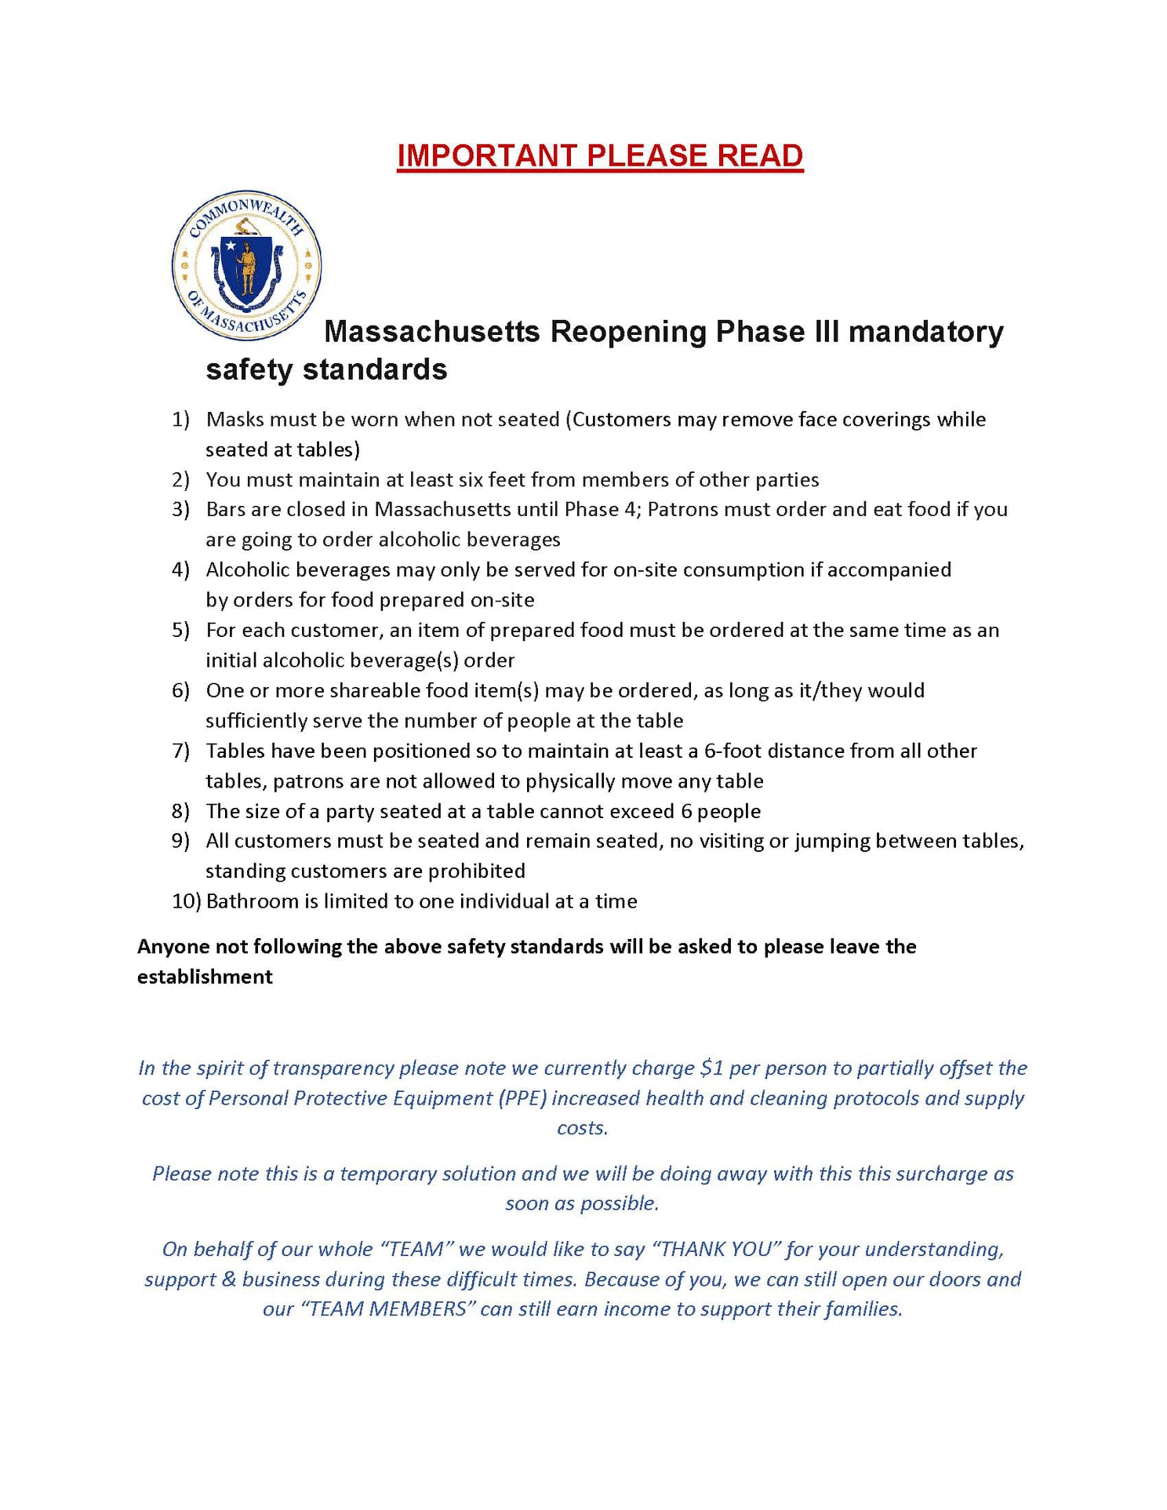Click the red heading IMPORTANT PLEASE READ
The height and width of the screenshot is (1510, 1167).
tap(600, 155)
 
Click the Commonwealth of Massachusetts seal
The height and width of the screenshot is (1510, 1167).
tap(246, 265)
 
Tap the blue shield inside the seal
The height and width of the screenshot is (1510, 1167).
tap(246, 267)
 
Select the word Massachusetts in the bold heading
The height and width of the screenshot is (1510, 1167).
tap(432, 332)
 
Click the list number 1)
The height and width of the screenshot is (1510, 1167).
tap(180, 420)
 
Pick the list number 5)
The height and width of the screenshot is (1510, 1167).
tap(180, 631)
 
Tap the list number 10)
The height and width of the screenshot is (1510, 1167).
tap(187, 901)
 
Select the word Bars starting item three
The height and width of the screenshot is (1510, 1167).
tap(226, 510)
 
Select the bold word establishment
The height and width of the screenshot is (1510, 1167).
tap(205, 977)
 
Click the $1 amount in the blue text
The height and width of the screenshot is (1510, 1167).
tap(711, 1068)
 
